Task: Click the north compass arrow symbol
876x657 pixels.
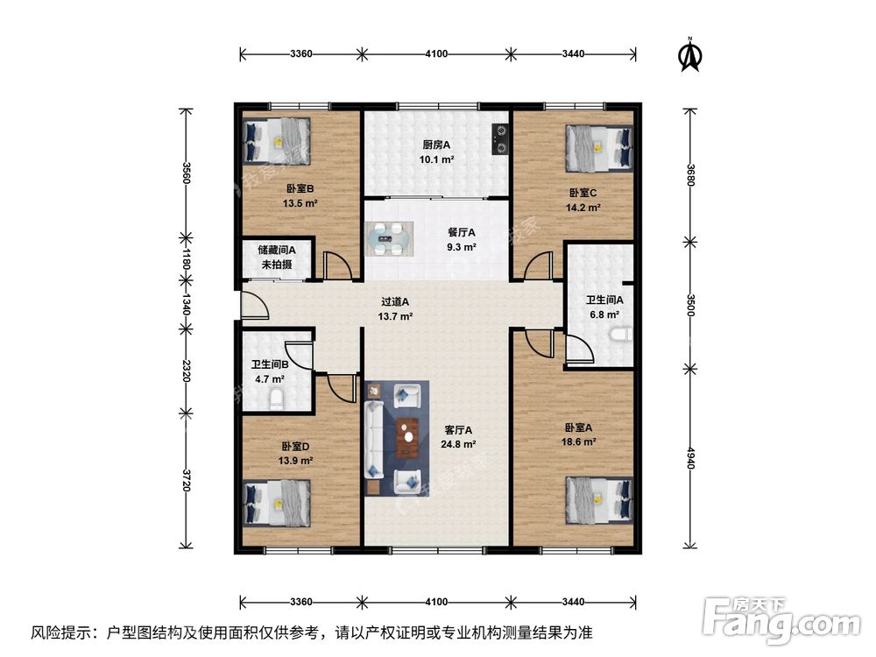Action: [x=691, y=55]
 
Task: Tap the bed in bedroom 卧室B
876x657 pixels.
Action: [x=277, y=140]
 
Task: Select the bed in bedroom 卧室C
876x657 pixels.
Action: [x=598, y=147]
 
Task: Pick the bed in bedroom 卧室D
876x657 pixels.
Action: [x=277, y=505]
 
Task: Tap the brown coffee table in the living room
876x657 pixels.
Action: [x=407, y=438]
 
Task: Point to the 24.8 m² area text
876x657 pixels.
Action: [x=458, y=444]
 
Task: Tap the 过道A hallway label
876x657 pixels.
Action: [x=394, y=300]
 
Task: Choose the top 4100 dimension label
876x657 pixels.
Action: [x=436, y=54]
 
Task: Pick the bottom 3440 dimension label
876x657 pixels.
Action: [x=573, y=602]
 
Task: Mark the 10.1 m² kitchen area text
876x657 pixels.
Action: [x=435, y=159]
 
